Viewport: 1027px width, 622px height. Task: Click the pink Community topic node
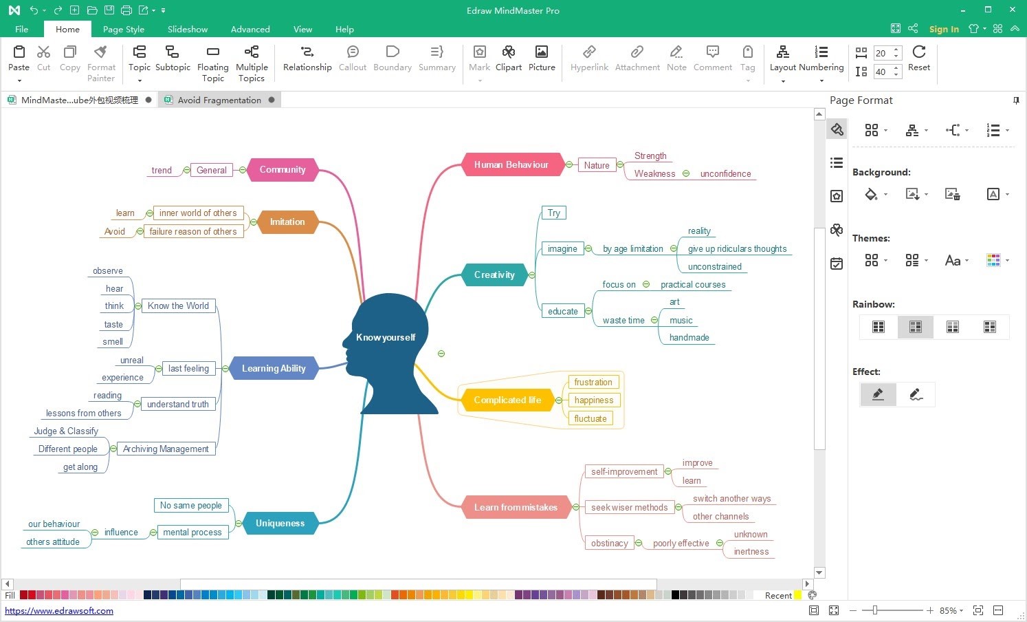[x=283, y=169]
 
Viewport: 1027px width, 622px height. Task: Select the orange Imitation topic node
[x=287, y=222]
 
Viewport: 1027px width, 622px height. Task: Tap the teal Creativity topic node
[x=494, y=275]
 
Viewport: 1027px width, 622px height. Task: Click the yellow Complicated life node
[x=507, y=400]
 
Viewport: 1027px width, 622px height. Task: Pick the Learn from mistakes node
[x=516, y=507]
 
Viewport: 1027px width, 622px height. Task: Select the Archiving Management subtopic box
[x=166, y=449]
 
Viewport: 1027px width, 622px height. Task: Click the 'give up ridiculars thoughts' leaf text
[x=737, y=248]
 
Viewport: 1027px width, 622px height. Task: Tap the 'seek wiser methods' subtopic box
[x=630, y=507]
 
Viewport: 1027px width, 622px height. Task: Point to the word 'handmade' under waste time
[x=689, y=337]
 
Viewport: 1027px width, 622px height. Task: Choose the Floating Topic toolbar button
[x=212, y=64]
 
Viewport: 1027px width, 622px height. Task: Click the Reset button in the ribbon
[x=919, y=58]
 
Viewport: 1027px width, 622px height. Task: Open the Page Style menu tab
[x=123, y=29]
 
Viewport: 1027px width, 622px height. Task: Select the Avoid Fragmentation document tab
[x=219, y=100]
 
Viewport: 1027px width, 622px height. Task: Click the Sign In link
[x=944, y=29]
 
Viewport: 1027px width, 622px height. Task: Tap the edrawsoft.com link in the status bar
[x=59, y=610]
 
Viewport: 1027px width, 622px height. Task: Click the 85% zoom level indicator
[x=949, y=610]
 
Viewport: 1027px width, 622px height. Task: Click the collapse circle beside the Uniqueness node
[x=239, y=524]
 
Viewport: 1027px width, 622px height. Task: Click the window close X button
[x=1013, y=10]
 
